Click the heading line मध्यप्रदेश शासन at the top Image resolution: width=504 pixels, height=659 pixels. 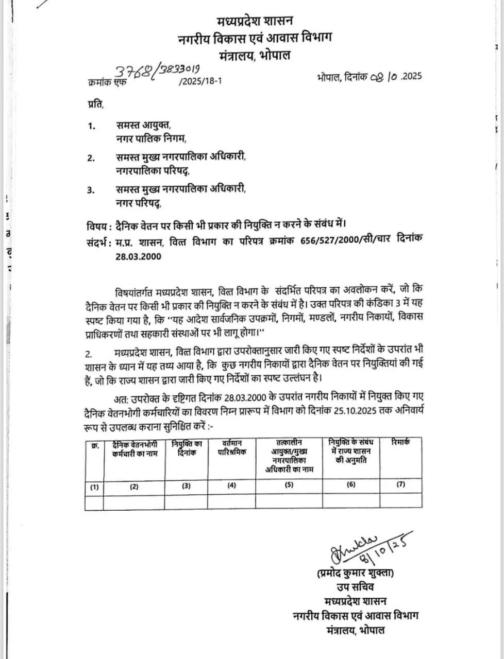pyautogui.click(x=255, y=21)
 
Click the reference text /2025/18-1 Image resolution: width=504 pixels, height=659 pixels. pyautogui.click(x=200, y=81)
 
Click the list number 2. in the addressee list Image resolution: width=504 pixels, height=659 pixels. pyautogui.click(x=91, y=158)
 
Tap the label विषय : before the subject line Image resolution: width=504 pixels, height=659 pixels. pyautogui.click(x=99, y=225)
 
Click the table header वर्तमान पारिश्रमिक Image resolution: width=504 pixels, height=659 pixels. pyautogui.click(x=231, y=447)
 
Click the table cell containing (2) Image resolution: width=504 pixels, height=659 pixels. pyautogui.click(x=134, y=486)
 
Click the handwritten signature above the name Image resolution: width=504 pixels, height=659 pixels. pyautogui.click(x=356, y=549)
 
